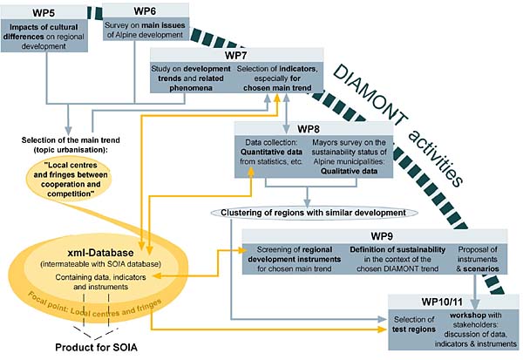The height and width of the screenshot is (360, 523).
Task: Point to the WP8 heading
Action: click(x=308, y=129)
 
